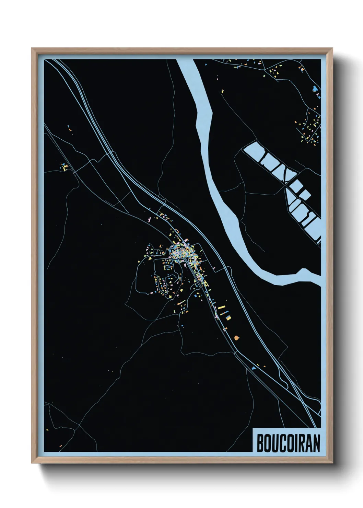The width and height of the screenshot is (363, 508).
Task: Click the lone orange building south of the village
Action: (236, 338)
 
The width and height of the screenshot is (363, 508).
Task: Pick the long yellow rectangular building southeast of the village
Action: (221, 308)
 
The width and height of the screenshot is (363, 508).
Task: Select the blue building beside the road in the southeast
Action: (254, 368)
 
